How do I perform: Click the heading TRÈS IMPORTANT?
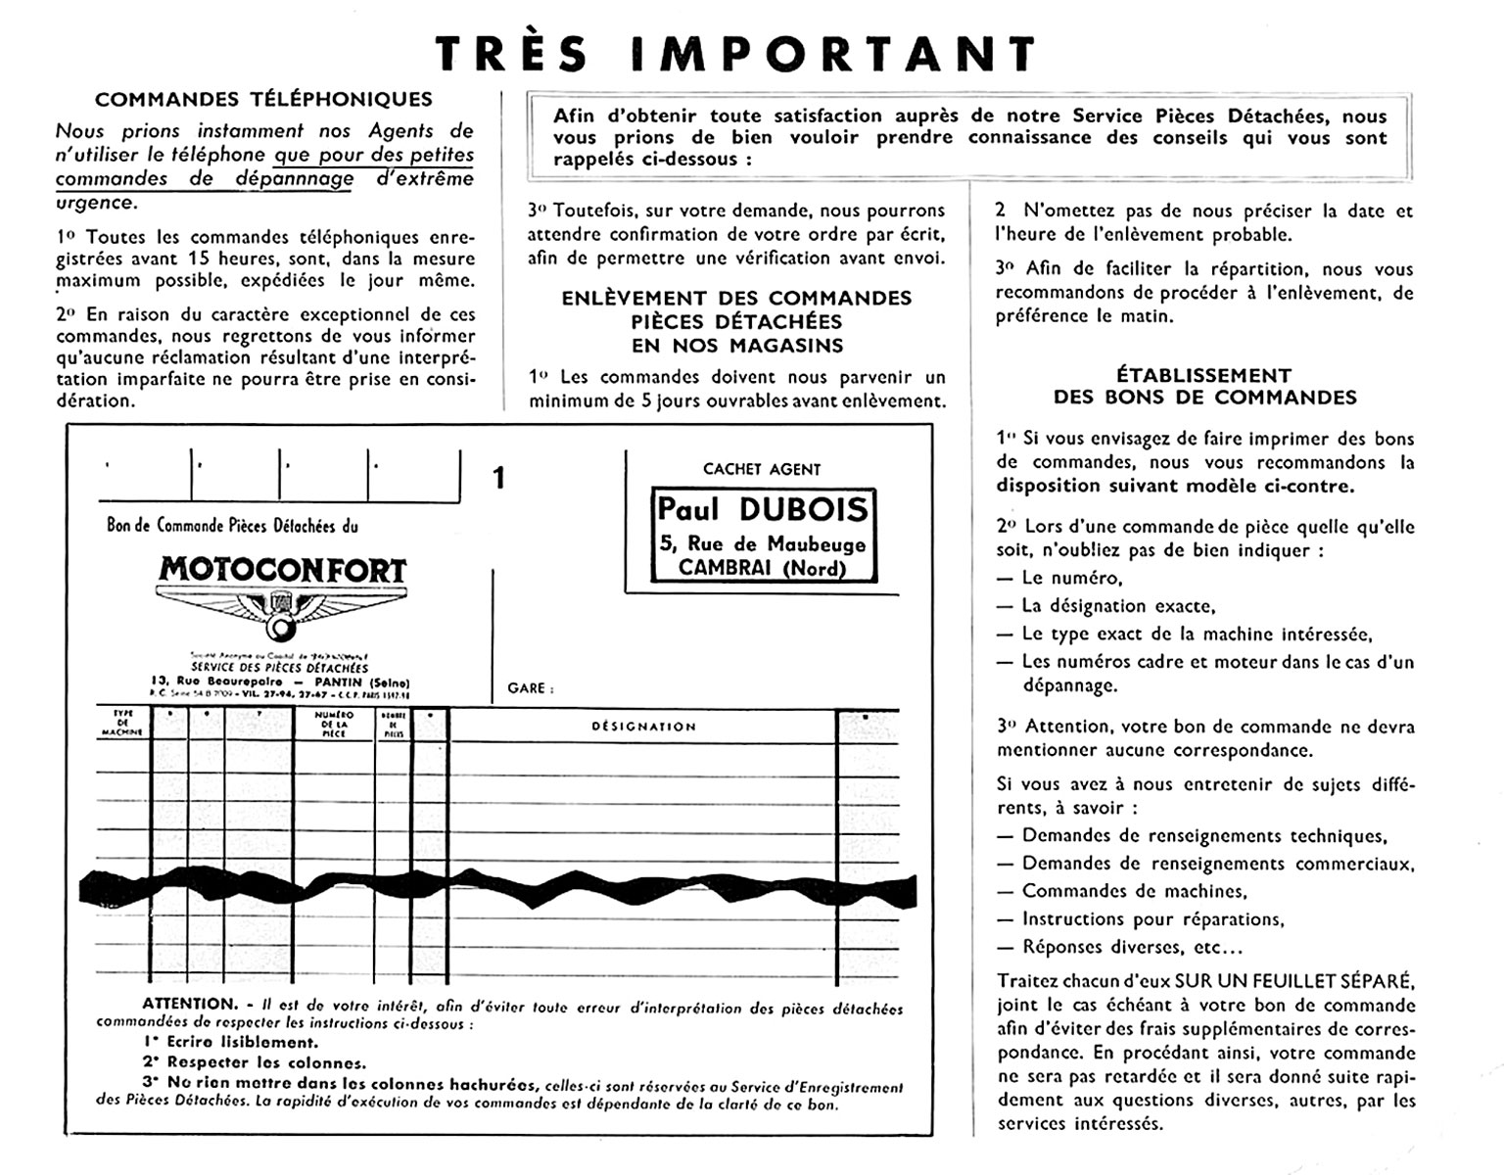pos(735,53)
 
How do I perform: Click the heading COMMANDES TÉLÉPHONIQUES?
pos(263,99)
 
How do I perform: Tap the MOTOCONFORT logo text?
pos(282,570)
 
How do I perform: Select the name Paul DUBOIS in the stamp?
pos(762,509)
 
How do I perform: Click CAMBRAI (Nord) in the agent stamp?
pos(762,568)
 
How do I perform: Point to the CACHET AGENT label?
pos(762,469)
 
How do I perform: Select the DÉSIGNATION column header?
pos(643,727)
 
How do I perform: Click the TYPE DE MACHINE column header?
pos(122,723)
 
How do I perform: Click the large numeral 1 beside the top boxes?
pos(499,478)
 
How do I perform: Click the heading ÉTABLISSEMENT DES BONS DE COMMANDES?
pos(1204,386)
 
